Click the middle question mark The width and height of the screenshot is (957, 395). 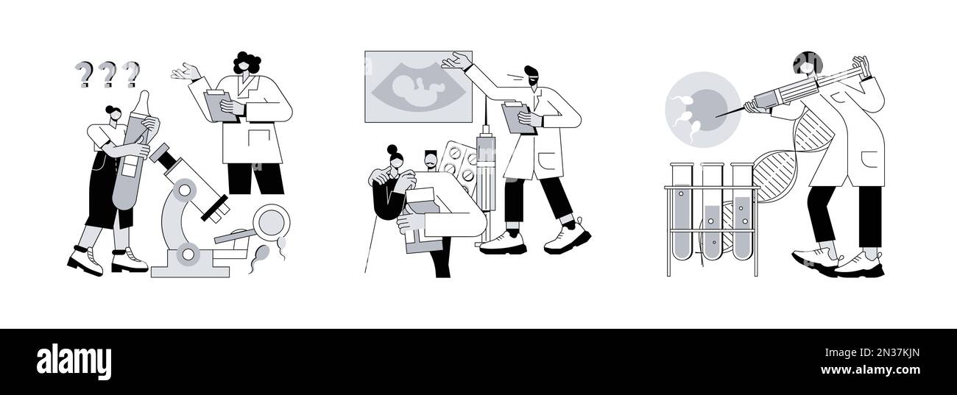(107, 74)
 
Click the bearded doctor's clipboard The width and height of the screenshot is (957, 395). (517, 118)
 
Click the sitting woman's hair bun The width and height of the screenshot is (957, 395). (392, 150)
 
